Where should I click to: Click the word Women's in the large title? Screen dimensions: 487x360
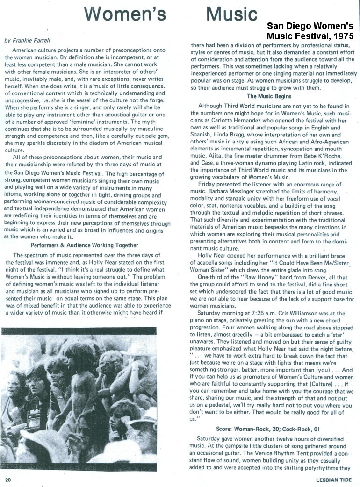126,14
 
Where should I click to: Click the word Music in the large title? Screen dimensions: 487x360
231,14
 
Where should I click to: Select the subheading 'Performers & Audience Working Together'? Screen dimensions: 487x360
85,245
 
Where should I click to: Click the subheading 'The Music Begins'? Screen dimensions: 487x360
269,96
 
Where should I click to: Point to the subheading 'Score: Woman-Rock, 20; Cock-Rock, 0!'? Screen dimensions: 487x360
268,429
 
